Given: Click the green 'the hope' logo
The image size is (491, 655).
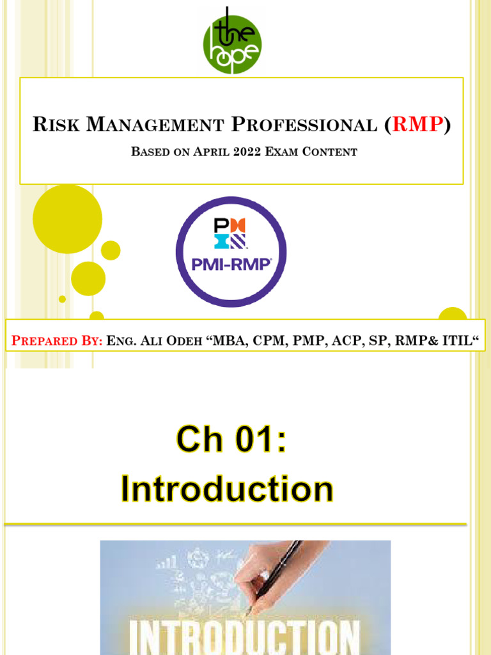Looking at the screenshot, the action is coord(232,43).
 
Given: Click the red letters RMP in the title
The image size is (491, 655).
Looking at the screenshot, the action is coord(418,124).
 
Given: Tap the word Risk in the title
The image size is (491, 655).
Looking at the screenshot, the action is coord(56,125).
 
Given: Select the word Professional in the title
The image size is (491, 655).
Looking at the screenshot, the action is coord(304,125).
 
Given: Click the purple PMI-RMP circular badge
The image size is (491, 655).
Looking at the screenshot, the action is coord(231,252).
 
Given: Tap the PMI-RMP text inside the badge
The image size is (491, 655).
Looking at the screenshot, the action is coord(231,264).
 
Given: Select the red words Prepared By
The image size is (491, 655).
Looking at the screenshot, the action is coord(57,341).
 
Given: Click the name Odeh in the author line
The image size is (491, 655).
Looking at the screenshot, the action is coord(184,341).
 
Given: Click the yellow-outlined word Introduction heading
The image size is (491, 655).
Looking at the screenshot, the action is coord(227,488).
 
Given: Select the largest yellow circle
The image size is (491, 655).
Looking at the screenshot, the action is coord(68,219).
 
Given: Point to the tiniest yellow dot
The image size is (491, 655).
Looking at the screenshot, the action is coord(62,299).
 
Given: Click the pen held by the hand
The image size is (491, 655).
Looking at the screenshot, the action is coord(276,576).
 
